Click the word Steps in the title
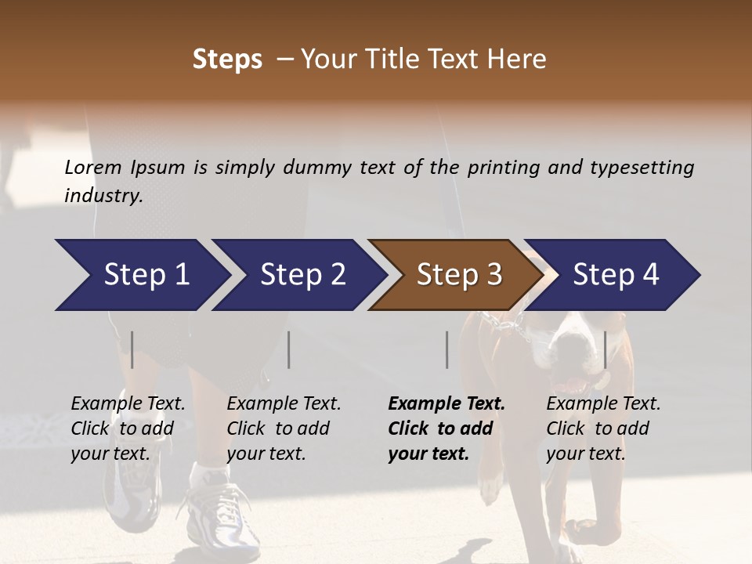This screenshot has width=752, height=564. (227, 60)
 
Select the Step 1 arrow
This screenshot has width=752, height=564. (141, 275)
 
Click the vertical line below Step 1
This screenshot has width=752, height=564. (132, 349)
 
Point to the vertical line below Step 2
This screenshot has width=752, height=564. (289, 349)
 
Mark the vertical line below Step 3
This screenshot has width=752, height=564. (446, 349)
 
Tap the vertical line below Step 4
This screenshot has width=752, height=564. (605, 349)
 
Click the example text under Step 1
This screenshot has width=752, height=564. (128, 428)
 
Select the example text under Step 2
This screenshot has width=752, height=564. (284, 428)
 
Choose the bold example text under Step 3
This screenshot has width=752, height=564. (446, 428)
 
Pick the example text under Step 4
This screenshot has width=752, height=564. (603, 428)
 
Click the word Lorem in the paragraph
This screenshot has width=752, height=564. (93, 167)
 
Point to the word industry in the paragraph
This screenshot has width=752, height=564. (103, 195)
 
